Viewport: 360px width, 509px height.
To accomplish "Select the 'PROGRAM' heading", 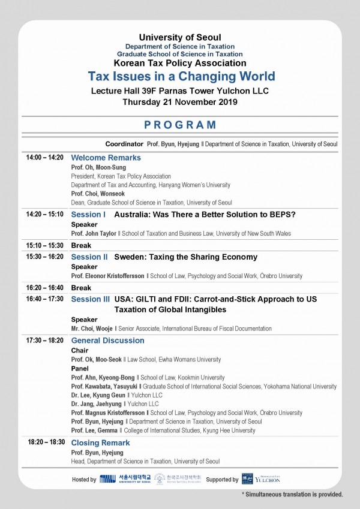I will (180, 125).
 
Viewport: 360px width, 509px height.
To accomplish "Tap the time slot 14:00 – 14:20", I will (44, 157).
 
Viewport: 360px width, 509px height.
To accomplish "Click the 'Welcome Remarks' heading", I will (106, 158).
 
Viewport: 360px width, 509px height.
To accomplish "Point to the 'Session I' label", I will (88, 214).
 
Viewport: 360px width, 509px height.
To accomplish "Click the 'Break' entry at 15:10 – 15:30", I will (81, 246).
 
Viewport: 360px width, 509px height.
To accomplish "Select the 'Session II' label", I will (89, 257).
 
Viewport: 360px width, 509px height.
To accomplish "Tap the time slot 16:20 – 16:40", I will (44, 288).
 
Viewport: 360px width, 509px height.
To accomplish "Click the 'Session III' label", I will (91, 299).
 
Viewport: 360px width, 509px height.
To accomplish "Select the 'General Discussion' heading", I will (108, 341).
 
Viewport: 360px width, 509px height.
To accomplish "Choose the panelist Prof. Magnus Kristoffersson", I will (109, 413).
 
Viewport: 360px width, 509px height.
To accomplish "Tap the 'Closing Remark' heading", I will (100, 443).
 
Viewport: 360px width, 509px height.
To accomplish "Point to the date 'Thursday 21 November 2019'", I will (180, 102).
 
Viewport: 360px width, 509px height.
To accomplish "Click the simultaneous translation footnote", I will (292, 495).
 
